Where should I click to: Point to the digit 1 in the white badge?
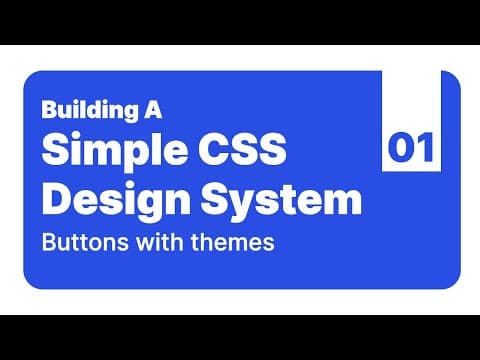coord(424,149)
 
